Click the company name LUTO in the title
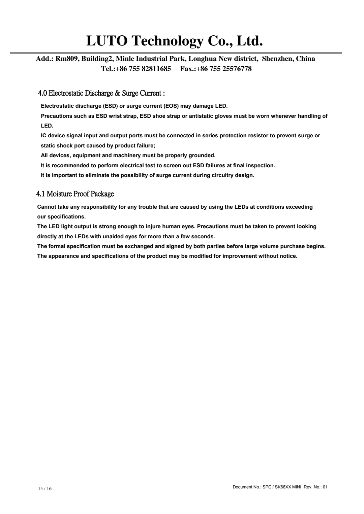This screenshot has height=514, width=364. pyautogui.click(x=107, y=41)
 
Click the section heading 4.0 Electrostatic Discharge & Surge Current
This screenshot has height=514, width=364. pyautogui.click(x=101, y=93)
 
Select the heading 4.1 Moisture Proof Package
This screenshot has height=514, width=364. pyautogui.click(x=75, y=194)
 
